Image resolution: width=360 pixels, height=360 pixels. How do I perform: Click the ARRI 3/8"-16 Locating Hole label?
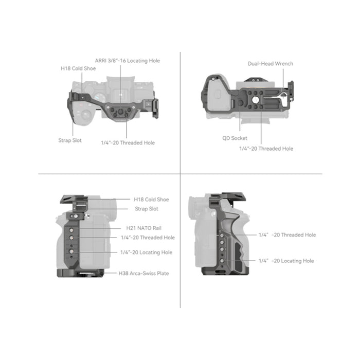coord(127,61)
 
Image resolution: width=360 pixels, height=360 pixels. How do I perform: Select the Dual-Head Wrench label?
coord(270,63)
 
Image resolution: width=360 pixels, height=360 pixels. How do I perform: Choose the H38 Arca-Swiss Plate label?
coord(143,273)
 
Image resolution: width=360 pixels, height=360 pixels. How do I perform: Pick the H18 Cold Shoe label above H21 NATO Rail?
coord(151,200)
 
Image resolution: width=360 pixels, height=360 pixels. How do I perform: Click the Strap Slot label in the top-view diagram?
coord(70,139)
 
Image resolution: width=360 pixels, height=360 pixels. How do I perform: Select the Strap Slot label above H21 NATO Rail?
coord(147,209)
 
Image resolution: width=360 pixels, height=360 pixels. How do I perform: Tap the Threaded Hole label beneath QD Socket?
coord(266,149)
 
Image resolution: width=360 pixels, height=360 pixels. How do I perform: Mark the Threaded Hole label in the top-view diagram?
coord(128,142)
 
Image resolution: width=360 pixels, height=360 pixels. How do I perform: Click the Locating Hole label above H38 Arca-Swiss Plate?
coord(146,253)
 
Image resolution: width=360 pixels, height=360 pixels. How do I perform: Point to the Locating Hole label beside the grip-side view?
coord(286,261)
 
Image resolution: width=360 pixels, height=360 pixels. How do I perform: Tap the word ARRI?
coord(101,61)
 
